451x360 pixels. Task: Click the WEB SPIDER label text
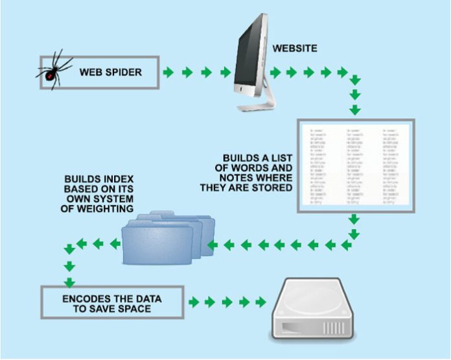click(x=111, y=71)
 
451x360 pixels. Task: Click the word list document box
click(x=355, y=166)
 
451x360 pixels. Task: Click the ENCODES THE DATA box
click(x=111, y=302)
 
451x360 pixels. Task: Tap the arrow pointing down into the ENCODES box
click(x=68, y=282)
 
